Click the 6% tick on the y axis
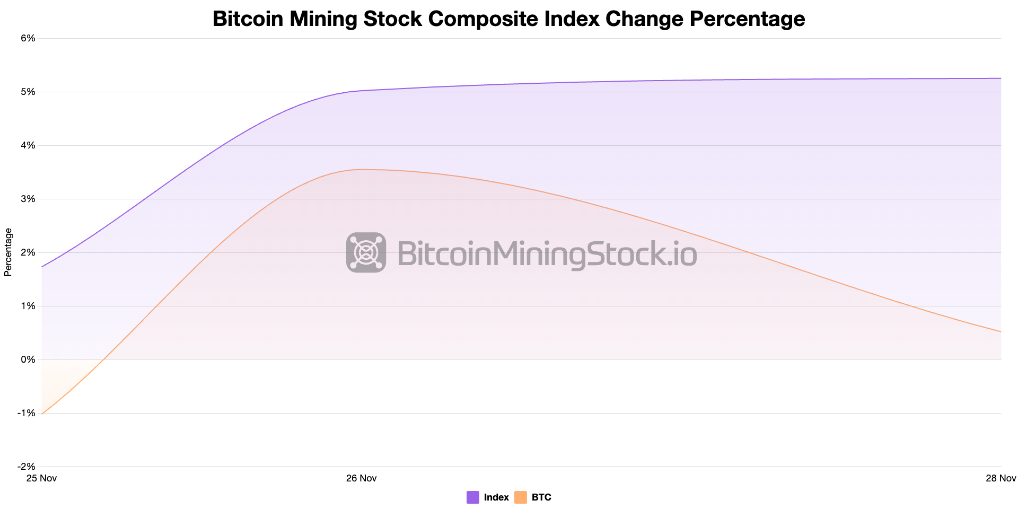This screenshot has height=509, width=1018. click(x=28, y=38)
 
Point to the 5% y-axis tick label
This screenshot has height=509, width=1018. click(x=28, y=92)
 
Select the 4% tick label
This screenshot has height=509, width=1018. click(x=28, y=145)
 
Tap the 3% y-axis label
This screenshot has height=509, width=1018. click(x=28, y=199)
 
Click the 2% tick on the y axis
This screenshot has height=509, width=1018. click(x=28, y=252)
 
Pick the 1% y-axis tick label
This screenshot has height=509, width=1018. click(x=28, y=306)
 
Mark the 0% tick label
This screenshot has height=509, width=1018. click(x=28, y=359)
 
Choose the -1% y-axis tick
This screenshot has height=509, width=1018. click(x=27, y=413)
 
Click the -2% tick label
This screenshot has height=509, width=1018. click(x=27, y=467)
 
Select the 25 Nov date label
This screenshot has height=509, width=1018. click(x=41, y=478)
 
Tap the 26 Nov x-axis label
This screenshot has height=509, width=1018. click(x=361, y=478)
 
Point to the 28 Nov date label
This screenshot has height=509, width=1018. click(x=1001, y=478)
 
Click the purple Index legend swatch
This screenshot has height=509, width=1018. click(x=473, y=497)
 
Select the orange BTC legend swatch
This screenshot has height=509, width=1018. click(x=521, y=497)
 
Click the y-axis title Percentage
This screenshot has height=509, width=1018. click(x=8, y=252)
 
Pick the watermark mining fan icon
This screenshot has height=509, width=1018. click(x=366, y=252)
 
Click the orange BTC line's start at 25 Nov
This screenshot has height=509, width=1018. click(x=42, y=414)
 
